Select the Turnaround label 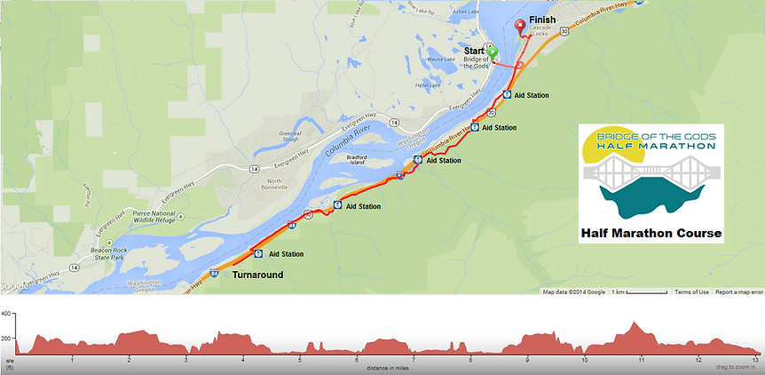[x=257, y=275]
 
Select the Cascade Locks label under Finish [x=540, y=29]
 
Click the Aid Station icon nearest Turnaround [x=258, y=253]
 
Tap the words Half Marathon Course [x=651, y=235]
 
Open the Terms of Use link [x=691, y=292]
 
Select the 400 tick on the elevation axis [x=6, y=314]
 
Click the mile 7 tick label [x=414, y=360]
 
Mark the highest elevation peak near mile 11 [x=633, y=323]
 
